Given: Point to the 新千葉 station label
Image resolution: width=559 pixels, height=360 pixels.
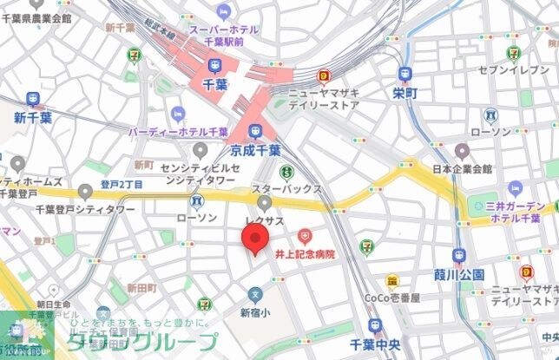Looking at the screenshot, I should click(33, 118).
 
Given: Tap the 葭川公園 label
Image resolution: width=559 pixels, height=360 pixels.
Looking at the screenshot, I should click(459, 275).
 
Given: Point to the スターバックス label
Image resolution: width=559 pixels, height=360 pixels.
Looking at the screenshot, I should click(286, 188).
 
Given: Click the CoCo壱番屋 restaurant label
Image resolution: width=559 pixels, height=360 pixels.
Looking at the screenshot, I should click(392, 298).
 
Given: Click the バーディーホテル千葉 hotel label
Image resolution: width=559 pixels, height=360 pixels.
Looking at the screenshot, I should click(178, 131).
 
